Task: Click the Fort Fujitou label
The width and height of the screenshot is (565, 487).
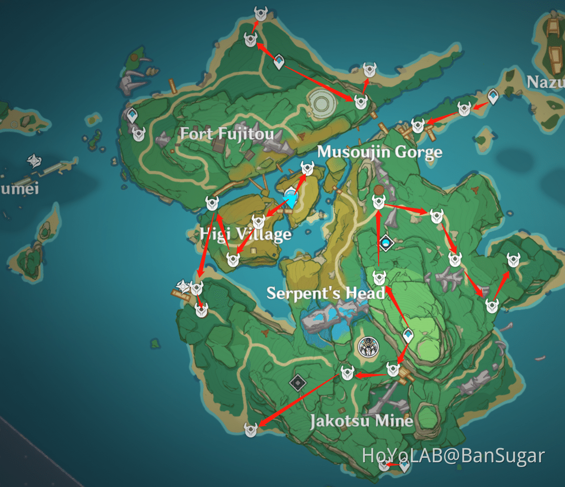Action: (227, 133)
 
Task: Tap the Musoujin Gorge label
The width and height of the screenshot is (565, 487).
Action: (380, 152)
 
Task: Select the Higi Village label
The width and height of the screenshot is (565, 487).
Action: (246, 235)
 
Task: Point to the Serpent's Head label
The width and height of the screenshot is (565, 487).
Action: (326, 293)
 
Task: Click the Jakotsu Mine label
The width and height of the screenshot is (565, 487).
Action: (362, 421)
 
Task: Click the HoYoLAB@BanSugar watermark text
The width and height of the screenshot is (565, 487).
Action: (453, 456)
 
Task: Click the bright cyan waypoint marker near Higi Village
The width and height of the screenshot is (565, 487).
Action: (291, 198)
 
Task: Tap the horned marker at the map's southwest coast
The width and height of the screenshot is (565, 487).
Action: (251, 430)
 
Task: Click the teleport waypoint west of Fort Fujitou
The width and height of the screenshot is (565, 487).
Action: (132, 115)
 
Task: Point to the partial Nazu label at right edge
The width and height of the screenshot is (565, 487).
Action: (546, 82)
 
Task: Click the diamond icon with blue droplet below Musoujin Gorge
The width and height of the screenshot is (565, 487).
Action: (386, 242)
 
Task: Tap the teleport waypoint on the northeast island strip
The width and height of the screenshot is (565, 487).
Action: (493, 96)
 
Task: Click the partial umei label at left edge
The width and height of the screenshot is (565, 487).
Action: (19, 188)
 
